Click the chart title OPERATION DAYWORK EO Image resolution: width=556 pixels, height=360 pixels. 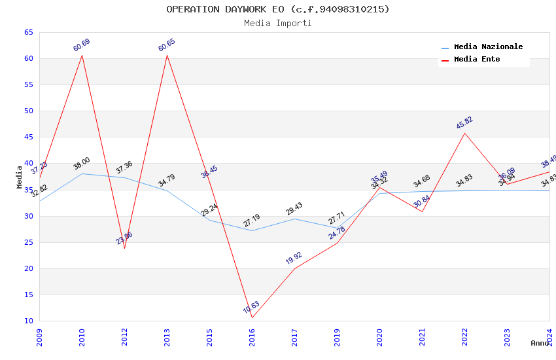[277, 9]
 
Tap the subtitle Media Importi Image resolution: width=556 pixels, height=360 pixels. [277, 24]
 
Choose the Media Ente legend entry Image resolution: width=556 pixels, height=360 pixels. [477, 60]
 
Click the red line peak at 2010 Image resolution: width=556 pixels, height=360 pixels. [82, 54]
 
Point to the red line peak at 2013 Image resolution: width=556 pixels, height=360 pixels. [167, 55]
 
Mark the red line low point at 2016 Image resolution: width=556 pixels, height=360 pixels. [252, 318]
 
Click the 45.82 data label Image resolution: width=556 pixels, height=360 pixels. [464, 122]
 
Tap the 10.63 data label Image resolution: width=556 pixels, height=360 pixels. [251, 307]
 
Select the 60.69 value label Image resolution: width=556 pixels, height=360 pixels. [82, 45]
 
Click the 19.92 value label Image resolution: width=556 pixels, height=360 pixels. [294, 258]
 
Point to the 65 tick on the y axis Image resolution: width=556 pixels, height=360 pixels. [27, 33]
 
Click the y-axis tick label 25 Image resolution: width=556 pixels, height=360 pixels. [27, 243]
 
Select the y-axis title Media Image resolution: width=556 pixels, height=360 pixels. [20, 177]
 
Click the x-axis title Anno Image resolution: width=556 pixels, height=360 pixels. [540, 343]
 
